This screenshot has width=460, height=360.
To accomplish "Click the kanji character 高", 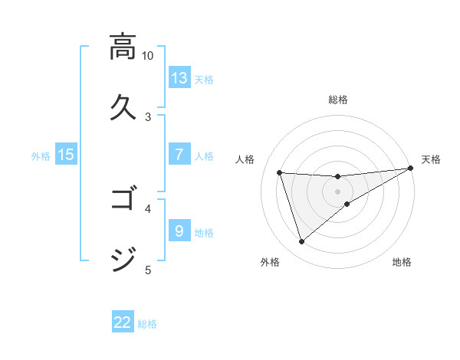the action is pyautogui.click(x=123, y=47).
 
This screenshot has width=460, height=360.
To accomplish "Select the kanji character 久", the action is pyautogui.click(x=123, y=107).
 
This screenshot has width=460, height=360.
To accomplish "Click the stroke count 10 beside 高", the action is pyautogui.click(x=148, y=56).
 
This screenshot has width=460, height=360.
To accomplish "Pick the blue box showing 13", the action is pyautogui.click(x=179, y=78).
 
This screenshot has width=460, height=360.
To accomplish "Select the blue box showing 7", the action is pyautogui.click(x=179, y=155).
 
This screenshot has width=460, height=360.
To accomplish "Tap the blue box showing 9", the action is pyautogui.click(x=179, y=231).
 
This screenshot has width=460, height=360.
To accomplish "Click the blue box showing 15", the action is pyautogui.click(x=66, y=155).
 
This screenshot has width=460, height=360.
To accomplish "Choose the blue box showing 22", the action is pyautogui.click(x=123, y=322).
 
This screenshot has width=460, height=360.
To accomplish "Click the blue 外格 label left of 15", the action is pyautogui.click(x=41, y=155).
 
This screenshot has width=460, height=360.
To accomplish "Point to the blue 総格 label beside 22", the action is pyautogui.click(x=147, y=323).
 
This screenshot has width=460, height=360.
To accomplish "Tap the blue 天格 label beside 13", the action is pyautogui.click(x=204, y=79).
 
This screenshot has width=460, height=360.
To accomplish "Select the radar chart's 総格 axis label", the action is pyautogui.click(x=338, y=100).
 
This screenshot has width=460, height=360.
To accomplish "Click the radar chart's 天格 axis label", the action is pyautogui.click(x=432, y=159).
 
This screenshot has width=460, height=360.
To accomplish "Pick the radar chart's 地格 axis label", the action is pyautogui.click(x=402, y=262).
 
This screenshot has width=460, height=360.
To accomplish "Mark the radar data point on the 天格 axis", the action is pyautogui.click(x=410, y=169).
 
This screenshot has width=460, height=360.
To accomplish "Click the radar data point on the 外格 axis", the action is pyautogui.click(x=301, y=242).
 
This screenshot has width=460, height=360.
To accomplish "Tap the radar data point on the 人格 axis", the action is pyautogui.click(x=280, y=173).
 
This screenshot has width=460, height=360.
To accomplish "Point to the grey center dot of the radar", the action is pyautogui.click(x=338, y=191).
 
